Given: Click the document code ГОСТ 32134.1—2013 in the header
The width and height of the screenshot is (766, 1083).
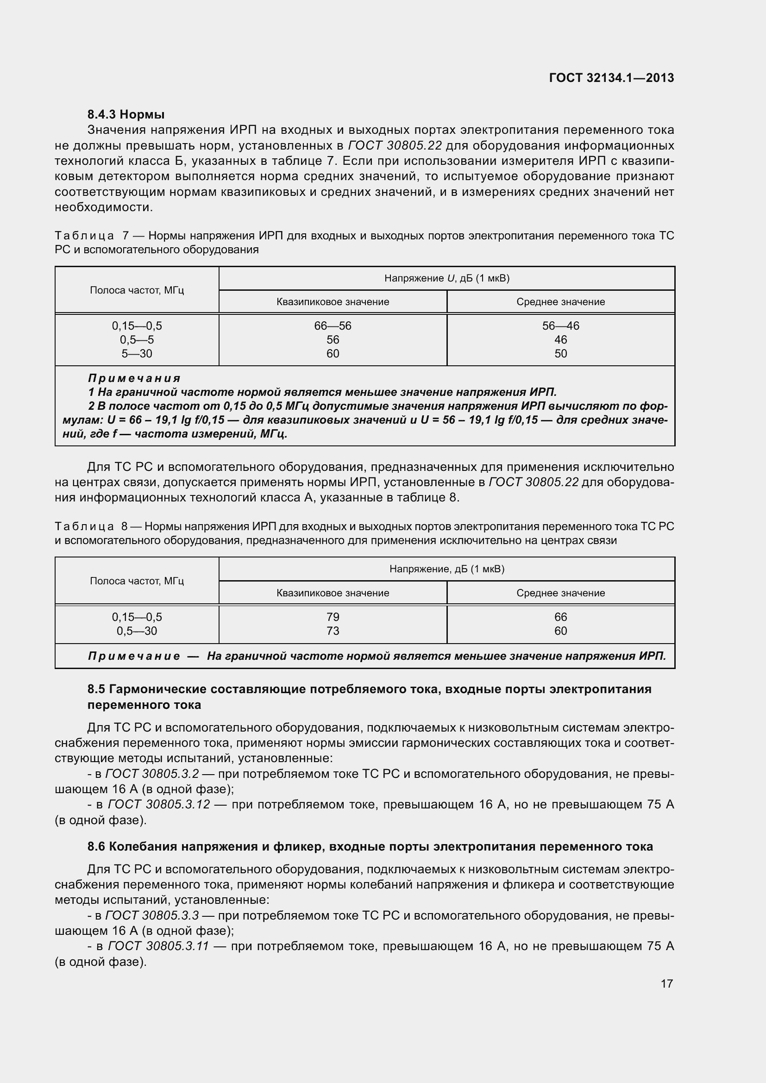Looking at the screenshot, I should point(611,78).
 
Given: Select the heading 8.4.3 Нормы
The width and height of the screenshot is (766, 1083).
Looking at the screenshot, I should point(126,114).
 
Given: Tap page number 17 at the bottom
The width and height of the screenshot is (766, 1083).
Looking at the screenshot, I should point(666,983).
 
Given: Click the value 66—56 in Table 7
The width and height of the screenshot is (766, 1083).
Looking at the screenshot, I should point(333,326).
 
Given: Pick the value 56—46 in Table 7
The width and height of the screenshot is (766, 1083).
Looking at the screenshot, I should point(560,326).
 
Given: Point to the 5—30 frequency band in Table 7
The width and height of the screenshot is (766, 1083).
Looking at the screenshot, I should point(137,354).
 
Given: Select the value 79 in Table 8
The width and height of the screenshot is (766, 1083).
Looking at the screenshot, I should point(333,617).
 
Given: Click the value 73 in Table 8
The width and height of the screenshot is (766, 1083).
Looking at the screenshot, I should point(333,631).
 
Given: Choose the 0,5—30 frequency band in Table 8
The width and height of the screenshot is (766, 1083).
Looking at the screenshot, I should point(137,631).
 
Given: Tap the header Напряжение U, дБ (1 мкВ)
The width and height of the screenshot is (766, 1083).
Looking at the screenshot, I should point(446,278).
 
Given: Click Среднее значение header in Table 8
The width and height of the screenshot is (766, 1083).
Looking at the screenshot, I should point(560,593).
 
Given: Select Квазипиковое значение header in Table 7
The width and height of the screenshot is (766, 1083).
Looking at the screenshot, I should point(333,302).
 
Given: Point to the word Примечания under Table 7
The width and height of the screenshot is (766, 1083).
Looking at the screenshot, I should point(134,378).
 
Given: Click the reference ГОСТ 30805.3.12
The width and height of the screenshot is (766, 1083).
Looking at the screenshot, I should point(159,804).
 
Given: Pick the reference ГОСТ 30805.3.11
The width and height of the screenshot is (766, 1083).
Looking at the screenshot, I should point(158,946).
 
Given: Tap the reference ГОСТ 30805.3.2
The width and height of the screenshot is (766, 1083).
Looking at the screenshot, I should point(152,774).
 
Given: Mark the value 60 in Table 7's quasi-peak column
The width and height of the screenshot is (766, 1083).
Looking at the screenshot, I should point(333,354).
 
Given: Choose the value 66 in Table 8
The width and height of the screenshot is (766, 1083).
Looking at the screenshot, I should point(560,617).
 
